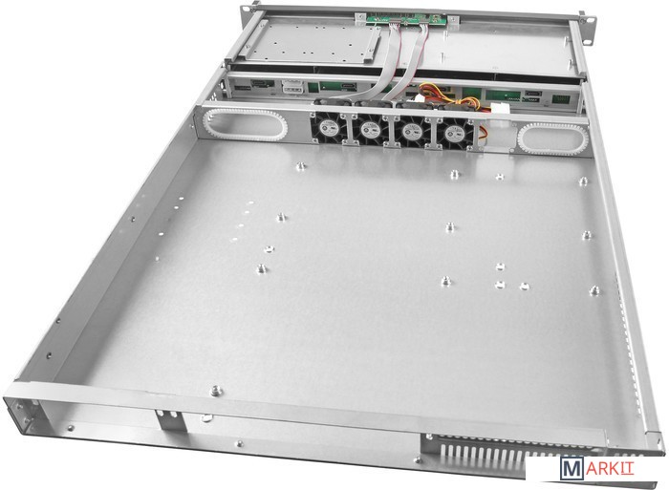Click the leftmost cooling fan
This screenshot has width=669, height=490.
tap(328, 127)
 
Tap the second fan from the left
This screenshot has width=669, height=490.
tap(370, 130)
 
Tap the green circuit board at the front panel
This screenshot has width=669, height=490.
tap(405, 20)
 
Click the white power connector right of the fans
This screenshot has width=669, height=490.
tap(499, 108)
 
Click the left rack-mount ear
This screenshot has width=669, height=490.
tap(246, 16)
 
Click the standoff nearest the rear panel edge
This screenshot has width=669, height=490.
tap(217, 391)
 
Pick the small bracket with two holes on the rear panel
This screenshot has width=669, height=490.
tap(170, 420)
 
